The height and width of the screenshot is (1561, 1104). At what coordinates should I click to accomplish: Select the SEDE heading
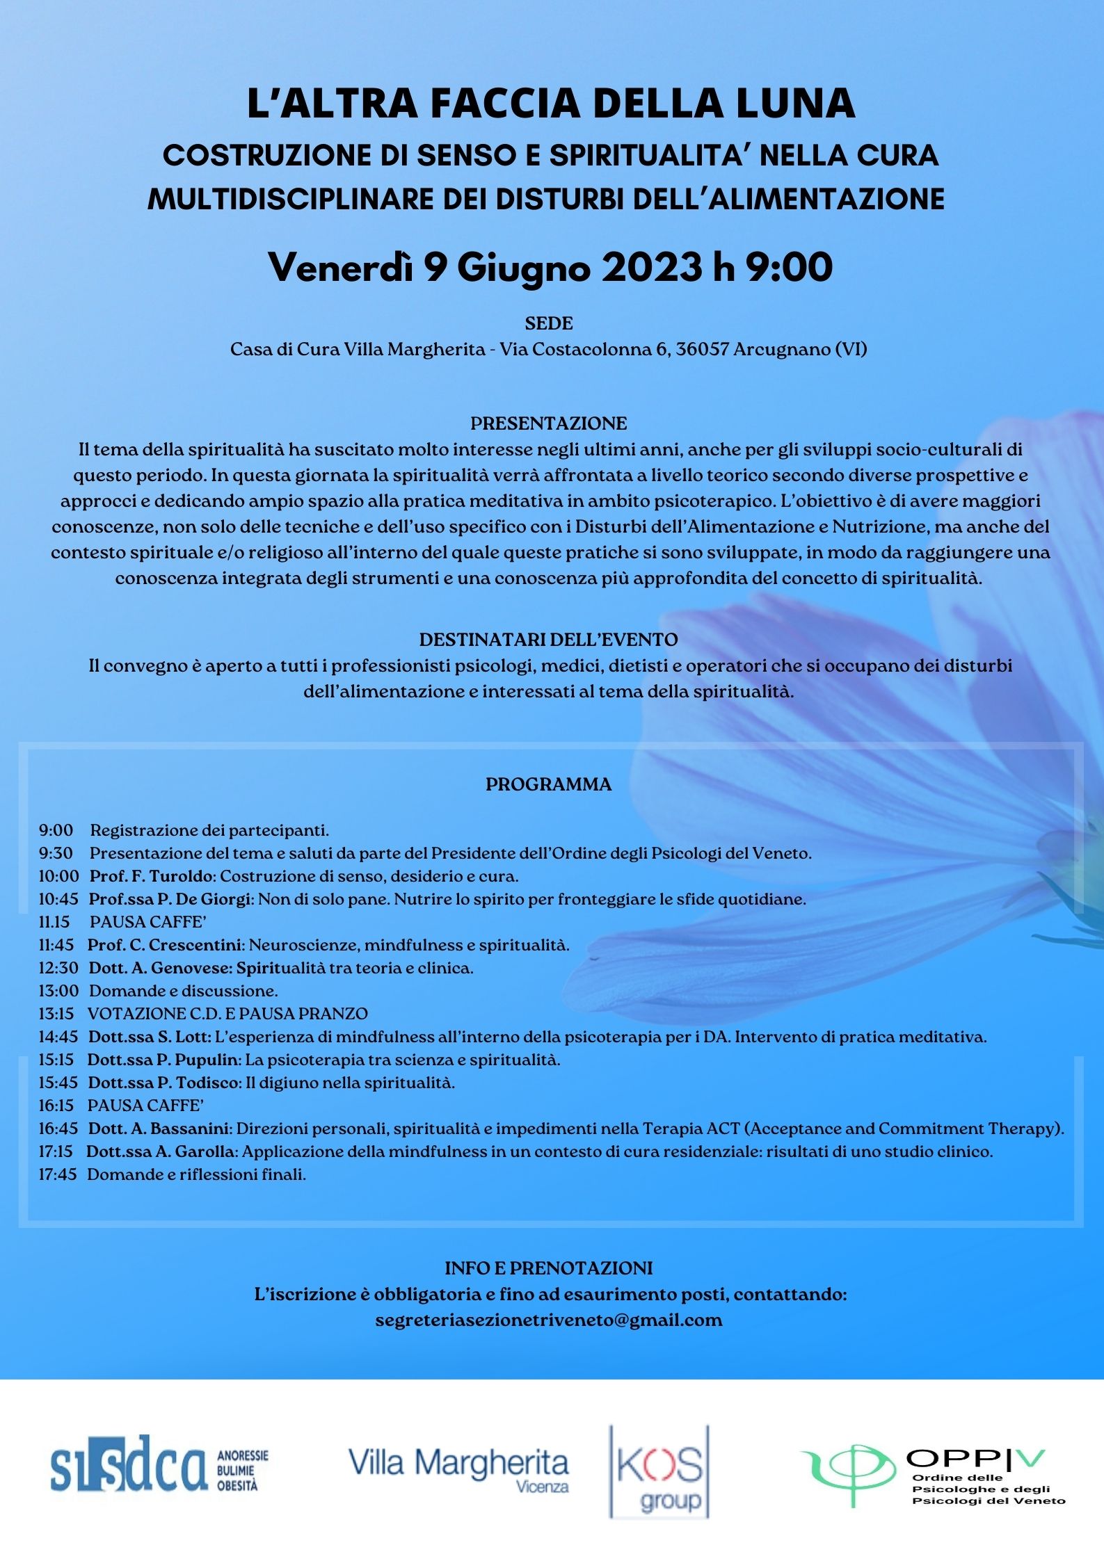(549, 323)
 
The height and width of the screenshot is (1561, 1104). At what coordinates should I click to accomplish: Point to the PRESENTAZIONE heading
(549, 423)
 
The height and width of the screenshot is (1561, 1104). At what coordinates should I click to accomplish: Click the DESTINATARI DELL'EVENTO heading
(549, 640)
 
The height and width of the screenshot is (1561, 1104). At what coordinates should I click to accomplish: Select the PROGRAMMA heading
(549, 784)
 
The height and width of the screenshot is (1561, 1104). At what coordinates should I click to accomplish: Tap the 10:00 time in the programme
(58, 876)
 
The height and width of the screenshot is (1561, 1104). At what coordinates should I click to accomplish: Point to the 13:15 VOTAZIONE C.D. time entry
(58, 1014)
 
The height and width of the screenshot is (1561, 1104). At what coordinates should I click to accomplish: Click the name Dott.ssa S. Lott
(150, 1037)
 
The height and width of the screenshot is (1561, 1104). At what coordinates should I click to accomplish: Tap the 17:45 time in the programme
(57, 1174)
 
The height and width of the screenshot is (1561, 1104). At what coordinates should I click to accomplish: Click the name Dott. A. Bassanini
(161, 1129)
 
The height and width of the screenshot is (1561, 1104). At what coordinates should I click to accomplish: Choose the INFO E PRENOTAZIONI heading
(549, 1268)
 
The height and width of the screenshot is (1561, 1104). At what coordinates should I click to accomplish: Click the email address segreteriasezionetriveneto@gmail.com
(549, 1320)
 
